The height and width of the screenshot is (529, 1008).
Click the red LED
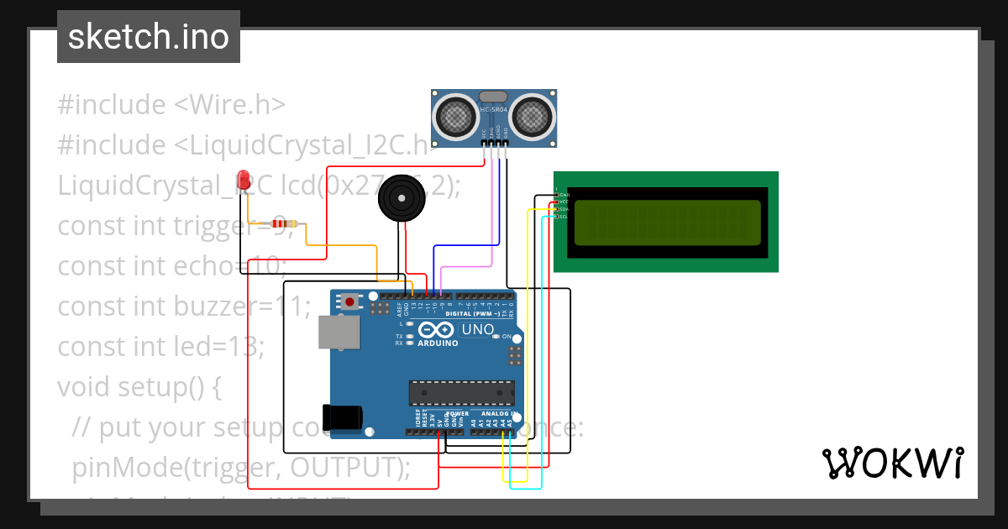pyautogui.click(x=244, y=179)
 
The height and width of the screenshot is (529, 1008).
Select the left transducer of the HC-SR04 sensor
pyautogui.click(x=455, y=115)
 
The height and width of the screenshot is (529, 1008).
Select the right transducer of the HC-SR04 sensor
pyautogui.click(x=533, y=115)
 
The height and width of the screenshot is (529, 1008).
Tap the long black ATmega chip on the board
pyautogui.click(x=461, y=393)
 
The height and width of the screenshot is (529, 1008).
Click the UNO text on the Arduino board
pyautogui.click(x=477, y=330)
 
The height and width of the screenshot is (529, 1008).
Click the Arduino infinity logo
pyautogui.click(x=436, y=330)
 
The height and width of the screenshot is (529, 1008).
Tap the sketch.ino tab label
pyautogui.click(x=149, y=37)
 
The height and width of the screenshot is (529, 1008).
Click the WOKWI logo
pyautogui.click(x=892, y=464)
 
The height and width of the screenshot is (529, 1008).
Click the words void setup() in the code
pyautogui.click(x=139, y=387)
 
